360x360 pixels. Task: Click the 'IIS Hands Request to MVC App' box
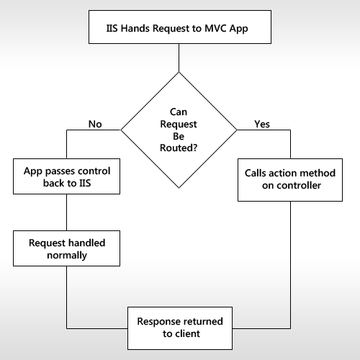(180, 27)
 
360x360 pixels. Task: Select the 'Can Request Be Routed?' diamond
(179, 130)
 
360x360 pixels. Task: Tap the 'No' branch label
(95, 124)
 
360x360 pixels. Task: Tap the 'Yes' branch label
(262, 124)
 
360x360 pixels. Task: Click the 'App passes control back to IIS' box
(66, 176)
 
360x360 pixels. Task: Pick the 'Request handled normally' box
(66, 248)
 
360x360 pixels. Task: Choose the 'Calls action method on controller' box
(290, 180)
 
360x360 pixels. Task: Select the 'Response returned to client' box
(180, 328)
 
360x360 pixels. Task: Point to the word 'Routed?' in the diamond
(179, 148)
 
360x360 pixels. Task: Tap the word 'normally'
(67, 256)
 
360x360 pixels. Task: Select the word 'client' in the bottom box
(188, 333)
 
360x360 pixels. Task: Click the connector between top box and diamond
(179, 58)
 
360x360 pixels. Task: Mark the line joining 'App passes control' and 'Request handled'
(66, 212)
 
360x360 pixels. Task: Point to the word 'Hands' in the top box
(135, 28)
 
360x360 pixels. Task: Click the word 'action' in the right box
(282, 173)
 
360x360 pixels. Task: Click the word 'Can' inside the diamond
(179, 112)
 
